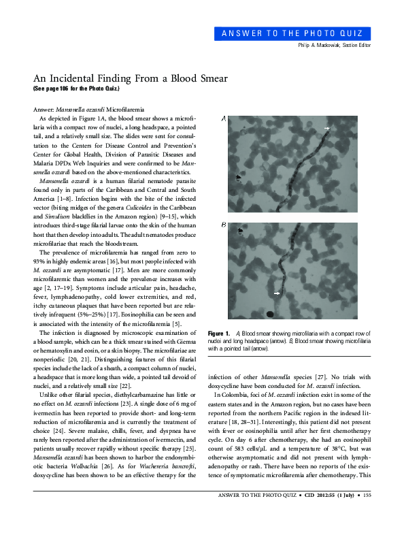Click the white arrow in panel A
(326, 129)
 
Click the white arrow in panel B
(277, 293)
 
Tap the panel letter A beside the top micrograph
(224, 119)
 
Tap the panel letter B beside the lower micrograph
(224, 225)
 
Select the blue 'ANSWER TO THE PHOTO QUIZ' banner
(303, 33)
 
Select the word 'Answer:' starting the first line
(44, 109)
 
